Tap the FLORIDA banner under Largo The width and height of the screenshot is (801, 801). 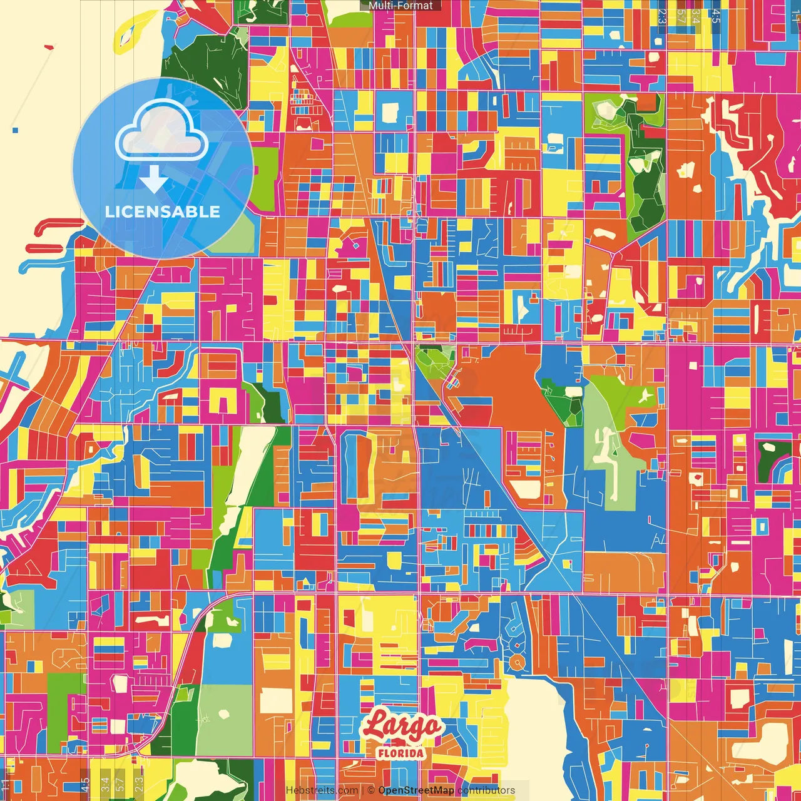pyautogui.click(x=401, y=752)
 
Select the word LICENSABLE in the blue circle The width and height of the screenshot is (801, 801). pyautogui.click(x=162, y=212)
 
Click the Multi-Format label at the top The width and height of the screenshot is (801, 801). pyautogui.click(x=400, y=6)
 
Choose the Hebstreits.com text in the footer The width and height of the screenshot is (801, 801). pyautogui.click(x=322, y=790)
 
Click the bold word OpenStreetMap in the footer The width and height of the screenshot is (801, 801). pyautogui.click(x=416, y=790)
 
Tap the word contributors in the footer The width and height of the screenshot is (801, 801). pyautogui.click(x=486, y=790)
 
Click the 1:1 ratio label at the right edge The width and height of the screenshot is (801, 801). pyautogui.click(x=795, y=16)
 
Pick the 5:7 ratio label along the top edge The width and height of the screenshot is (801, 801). pyautogui.click(x=681, y=16)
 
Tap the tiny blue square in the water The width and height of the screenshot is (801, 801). pyautogui.click(x=16, y=130)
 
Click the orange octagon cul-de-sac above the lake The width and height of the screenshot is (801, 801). pyautogui.click(x=517, y=662)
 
